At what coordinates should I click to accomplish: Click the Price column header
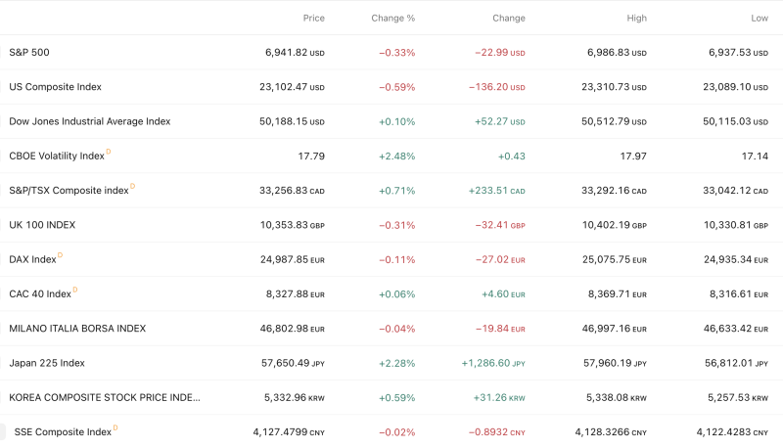313,18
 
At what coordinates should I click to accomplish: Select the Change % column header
393,18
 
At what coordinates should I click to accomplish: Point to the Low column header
759,18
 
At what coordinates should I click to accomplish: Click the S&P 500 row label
28,52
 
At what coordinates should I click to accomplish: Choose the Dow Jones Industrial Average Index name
90,121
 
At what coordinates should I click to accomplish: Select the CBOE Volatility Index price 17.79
310,156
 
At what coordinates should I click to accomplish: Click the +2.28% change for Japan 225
396,363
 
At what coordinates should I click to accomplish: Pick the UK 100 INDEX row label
42,225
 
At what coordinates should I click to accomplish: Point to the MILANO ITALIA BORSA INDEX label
77,329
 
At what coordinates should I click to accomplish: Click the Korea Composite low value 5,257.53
729,397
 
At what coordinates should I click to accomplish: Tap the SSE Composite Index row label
63,431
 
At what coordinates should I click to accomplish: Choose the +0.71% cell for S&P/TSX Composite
396,191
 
